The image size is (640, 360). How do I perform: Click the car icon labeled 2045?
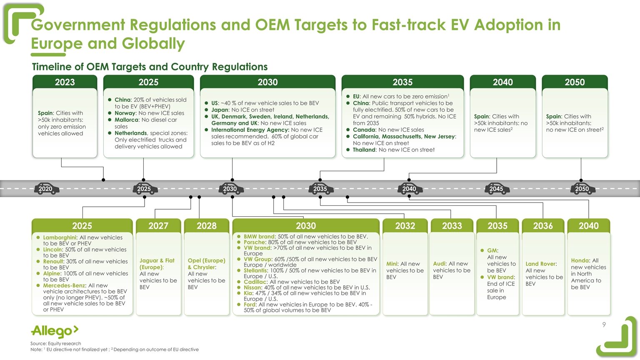[x=496, y=189]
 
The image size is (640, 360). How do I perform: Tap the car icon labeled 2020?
[x=46, y=189]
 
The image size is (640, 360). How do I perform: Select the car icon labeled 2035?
[x=320, y=189]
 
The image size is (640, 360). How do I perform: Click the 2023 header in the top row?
[x=65, y=82]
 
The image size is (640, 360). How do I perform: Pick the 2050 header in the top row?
[x=575, y=82]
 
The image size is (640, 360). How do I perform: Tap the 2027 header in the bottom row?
[x=158, y=226]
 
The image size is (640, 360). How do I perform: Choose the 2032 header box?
[x=405, y=226]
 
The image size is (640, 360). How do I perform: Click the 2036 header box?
[x=543, y=226]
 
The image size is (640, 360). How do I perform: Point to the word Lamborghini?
[x=60, y=237]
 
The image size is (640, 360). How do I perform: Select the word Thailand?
[x=364, y=150]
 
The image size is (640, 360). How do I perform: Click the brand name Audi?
[x=439, y=264]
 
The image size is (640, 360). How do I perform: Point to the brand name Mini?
[x=392, y=264]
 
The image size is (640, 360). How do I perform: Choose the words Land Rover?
[x=540, y=264]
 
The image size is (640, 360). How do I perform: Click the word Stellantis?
[x=255, y=270]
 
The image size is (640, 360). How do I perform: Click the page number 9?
[x=604, y=325]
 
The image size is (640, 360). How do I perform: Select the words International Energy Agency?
[x=250, y=130]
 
